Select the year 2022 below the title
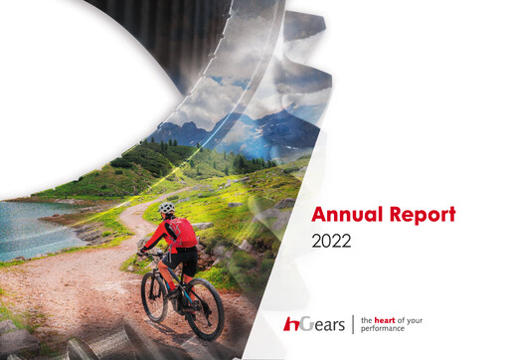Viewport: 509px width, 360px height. click(333, 241)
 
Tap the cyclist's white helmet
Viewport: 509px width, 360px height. click(167, 209)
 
